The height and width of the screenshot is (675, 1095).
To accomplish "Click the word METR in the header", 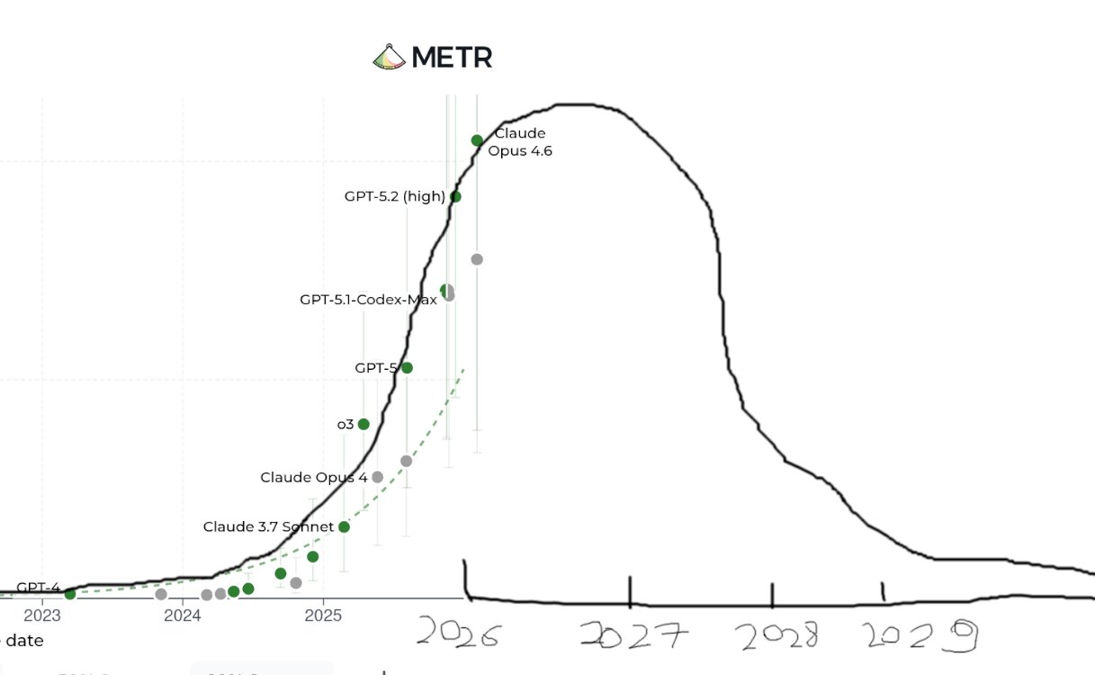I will coord(452,58).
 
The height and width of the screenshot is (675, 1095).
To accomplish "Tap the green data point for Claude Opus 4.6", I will coord(477,140).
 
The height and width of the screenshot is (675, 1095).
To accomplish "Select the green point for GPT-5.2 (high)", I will coord(455,196).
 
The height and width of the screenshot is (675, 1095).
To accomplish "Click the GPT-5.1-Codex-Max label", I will coord(368,300).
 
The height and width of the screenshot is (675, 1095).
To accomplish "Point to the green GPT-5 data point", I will coord(407,367).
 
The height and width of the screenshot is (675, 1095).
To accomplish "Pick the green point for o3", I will coord(364,424).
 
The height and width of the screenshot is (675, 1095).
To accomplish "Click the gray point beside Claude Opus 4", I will coord(377,477).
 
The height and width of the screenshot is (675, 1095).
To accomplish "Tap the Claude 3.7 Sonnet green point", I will coord(344,526).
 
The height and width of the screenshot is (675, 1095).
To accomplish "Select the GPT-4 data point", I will coord(70,594).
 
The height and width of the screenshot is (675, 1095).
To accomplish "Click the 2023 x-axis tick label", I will coord(42,616).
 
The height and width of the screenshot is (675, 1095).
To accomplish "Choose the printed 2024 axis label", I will coord(183,616).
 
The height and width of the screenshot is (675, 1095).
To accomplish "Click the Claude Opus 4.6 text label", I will coord(520,142).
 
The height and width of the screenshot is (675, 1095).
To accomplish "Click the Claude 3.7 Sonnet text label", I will coord(268,526).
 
